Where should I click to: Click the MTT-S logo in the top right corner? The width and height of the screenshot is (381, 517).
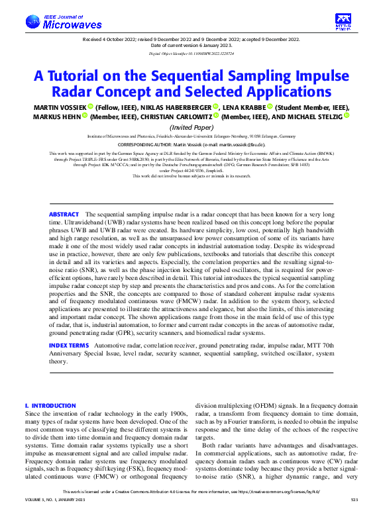[x=343, y=21]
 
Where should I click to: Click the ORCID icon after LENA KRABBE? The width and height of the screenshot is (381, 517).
[x=270, y=107]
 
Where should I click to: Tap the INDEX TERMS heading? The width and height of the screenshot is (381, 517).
[x=68, y=346]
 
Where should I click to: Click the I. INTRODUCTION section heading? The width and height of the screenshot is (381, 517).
[x=50, y=405]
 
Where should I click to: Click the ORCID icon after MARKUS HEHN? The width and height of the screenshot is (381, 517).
[x=85, y=117]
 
